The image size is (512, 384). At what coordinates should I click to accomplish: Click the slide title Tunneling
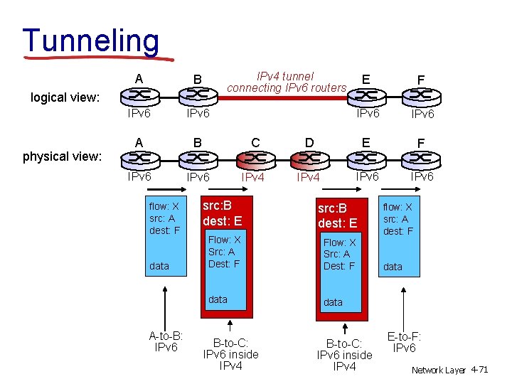point(91,40)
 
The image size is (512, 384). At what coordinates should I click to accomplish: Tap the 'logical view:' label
point(65,97)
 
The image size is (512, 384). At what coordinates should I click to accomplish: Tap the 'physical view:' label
point(63,156)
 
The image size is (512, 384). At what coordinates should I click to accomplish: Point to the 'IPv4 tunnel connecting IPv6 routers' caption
point(286,82)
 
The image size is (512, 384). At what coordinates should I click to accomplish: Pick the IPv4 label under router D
point(309,177)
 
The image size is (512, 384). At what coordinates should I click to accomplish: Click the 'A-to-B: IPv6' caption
point(166,341)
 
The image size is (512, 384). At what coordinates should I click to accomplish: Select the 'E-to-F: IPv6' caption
point(405,342)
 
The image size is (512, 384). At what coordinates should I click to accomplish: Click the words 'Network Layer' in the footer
point(438,370)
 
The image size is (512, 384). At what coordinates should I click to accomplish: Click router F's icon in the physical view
point(422,159)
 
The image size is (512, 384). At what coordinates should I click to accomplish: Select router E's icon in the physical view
point(366,159)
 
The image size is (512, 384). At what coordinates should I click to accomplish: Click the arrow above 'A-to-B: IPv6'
point(166,306)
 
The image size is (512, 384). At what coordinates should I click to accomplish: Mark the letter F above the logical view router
point(422,79)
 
